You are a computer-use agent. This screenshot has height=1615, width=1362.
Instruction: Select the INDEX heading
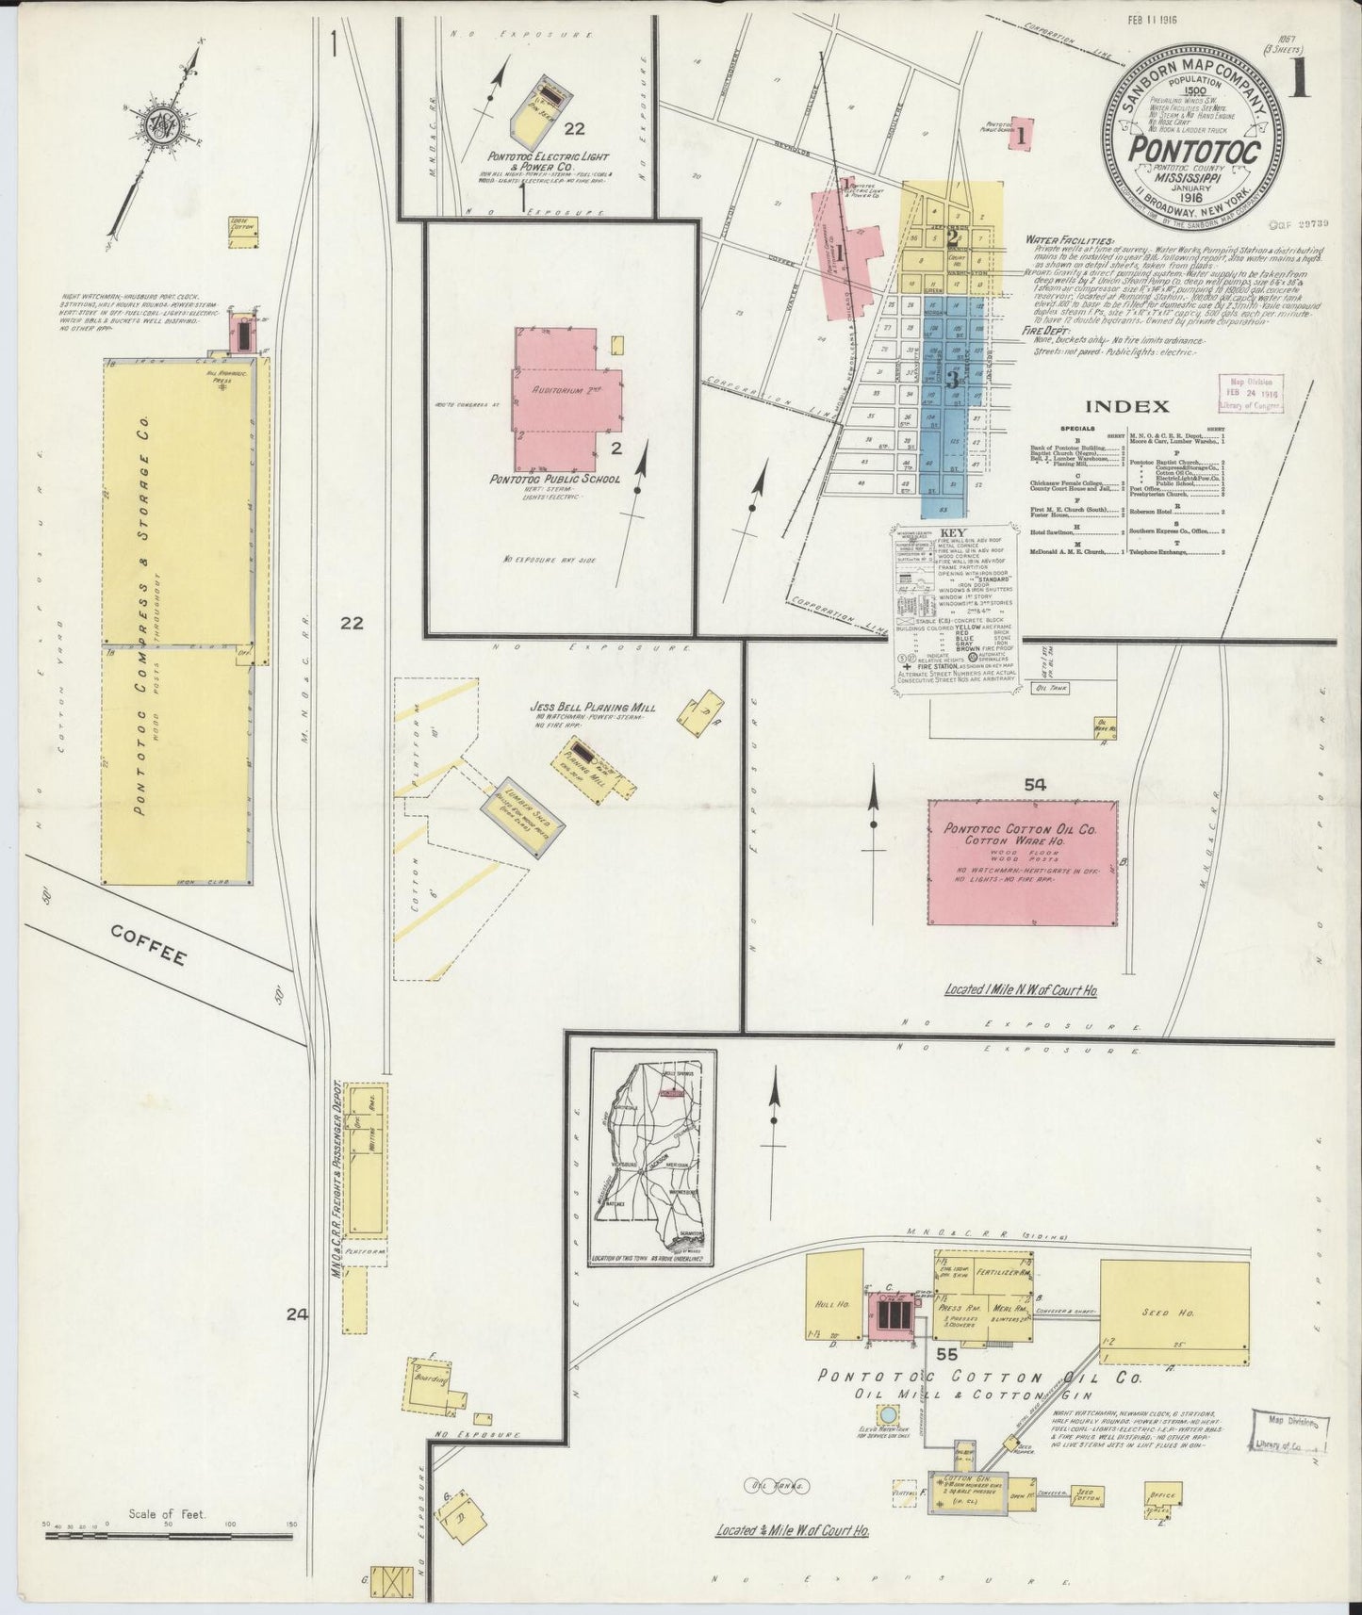1127,407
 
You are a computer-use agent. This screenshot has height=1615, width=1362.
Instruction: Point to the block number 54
1036,784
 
